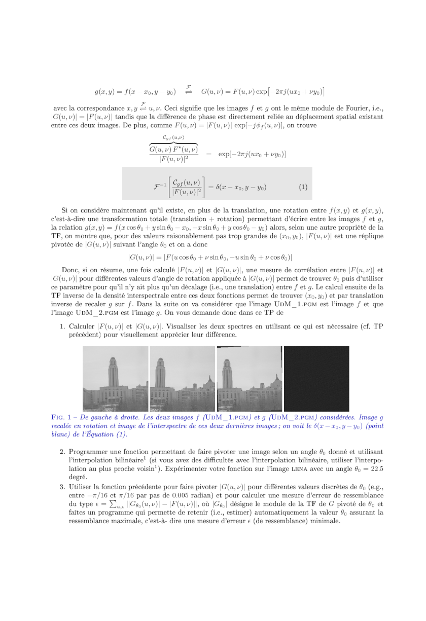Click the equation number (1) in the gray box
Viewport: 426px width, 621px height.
tap(303, 187)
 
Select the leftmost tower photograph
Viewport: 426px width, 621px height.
tap(116, 379)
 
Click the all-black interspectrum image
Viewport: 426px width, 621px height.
tap(316, 379)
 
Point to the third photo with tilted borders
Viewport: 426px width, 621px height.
tap(250, 379)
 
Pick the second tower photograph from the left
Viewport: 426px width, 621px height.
tap(182, 379)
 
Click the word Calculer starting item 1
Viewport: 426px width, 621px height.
tap(82, 326)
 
